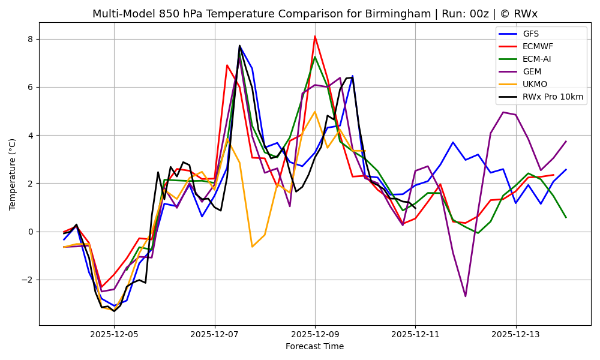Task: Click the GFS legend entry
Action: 530,34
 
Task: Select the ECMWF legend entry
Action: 538,46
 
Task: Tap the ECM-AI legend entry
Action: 536,59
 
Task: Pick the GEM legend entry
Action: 531,71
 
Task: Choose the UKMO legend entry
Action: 535,84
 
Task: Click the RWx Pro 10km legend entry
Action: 553,97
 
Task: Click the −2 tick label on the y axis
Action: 29,280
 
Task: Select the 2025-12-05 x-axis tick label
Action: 114,334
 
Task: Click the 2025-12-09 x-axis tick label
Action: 315,334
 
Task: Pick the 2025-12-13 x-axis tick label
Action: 516,334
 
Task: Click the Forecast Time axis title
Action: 314,346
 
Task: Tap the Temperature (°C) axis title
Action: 13,174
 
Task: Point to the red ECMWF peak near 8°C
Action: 315,36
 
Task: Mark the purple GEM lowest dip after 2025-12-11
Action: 465,296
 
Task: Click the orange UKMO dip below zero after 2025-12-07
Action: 252,247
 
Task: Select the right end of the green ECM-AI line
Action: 566,217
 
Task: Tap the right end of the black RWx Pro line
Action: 415,208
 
